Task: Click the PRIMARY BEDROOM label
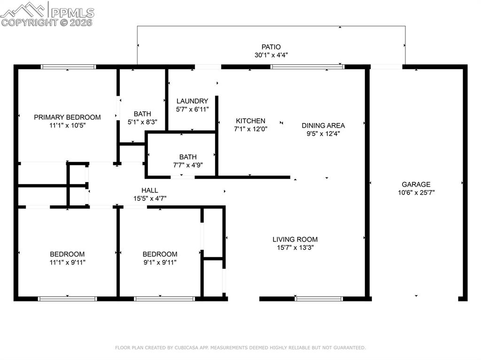tap(67, 117)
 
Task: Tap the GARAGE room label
tap(416, 184)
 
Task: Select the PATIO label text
tap(271, 47)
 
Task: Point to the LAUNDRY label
tap(192, 101)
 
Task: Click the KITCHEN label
tap(250, 121)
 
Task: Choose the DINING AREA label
tap(323, 125)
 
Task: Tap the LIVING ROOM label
tap(295, 239)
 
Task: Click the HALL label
tap(150, 190)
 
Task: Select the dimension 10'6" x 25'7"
tap(416, 192)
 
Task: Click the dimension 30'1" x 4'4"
tap(271, 55)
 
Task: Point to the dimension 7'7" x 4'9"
tap(188, 165)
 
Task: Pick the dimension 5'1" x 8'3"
tap(142, 122)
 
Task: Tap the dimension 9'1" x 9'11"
tap(160, 262)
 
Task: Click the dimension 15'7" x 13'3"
tap(295, 247)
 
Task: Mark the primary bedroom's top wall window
tap(69, 67)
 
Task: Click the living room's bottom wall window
tap(319, 298)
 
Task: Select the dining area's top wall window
tap(308, 67)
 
